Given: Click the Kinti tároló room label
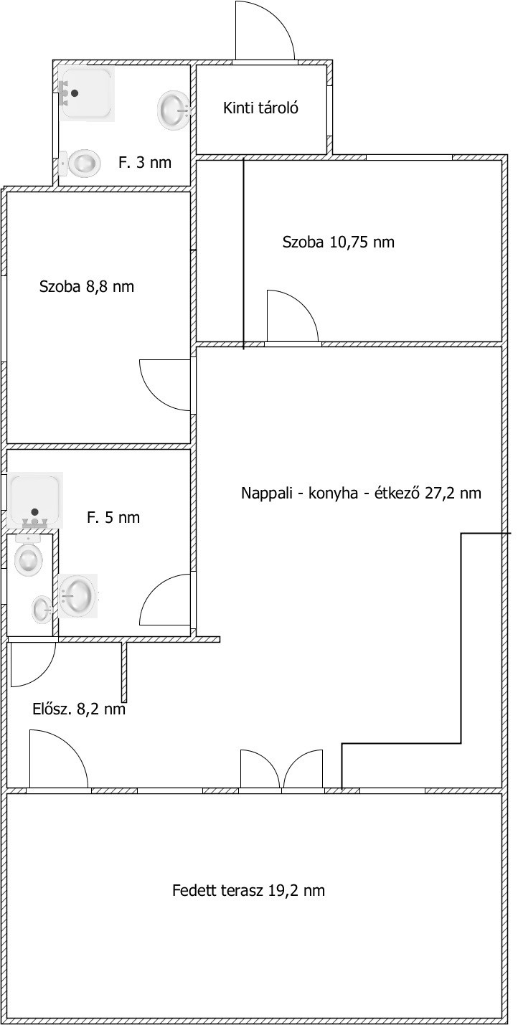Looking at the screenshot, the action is coord(260,108).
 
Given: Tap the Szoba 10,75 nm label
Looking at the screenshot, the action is coord(338,242).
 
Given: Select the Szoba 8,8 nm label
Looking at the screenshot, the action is coord(87,286).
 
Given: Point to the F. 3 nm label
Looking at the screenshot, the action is coord(145,162).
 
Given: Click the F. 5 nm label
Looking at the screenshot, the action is coord(113,518).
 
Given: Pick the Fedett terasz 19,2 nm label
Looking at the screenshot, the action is coord(248,890).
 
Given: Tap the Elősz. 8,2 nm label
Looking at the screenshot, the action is coord(79,709).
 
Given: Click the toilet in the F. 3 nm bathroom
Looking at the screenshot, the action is coord(80,162).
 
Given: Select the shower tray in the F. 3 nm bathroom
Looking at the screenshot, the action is coord(87,93).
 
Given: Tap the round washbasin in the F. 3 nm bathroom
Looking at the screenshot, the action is coord(173,110).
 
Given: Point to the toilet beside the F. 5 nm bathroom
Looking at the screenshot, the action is coord(29,554).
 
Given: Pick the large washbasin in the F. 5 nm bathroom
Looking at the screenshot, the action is coord(77,596).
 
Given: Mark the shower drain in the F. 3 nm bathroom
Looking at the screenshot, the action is coord(75,93).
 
